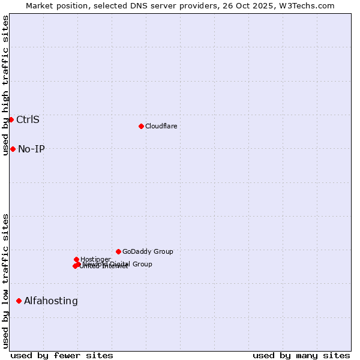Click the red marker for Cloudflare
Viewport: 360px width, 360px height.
[x=141, y=126]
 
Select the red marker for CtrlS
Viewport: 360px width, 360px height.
[x=11, y=119]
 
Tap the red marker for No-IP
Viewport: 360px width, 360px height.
[x=13, y=149]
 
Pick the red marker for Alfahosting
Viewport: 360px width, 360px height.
[x=19, y=301]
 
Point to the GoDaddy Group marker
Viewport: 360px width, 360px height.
[x=118, y=251]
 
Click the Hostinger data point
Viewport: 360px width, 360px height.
[x=76, y=259]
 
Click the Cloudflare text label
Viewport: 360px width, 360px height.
[x=161, y=126]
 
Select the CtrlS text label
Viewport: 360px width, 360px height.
[x=28, y=119]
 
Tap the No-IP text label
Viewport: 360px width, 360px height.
[x=31, y=149]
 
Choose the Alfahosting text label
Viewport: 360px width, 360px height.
[x=51, y=301]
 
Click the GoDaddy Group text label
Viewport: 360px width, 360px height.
[x=148, y=251]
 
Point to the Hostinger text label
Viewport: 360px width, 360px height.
[x=95, y=259]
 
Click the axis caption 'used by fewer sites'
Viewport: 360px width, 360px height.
[x=62, y=355]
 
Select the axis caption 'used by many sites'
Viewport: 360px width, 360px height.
[x=301, y=355]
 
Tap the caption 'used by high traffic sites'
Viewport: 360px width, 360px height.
[x=5, y=85]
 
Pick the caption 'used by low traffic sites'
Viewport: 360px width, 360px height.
[x=5, y=281]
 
